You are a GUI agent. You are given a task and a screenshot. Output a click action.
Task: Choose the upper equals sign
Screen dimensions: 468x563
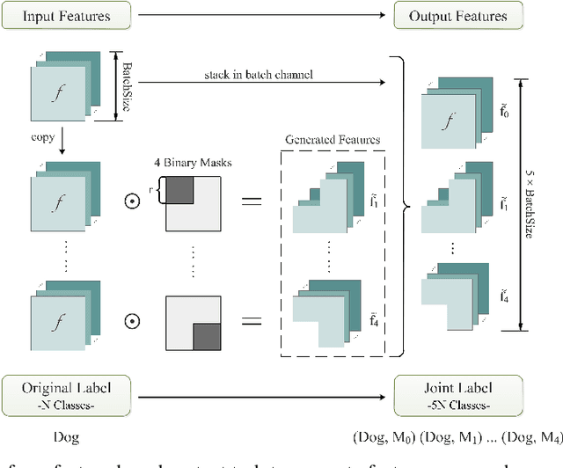[252, 203]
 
